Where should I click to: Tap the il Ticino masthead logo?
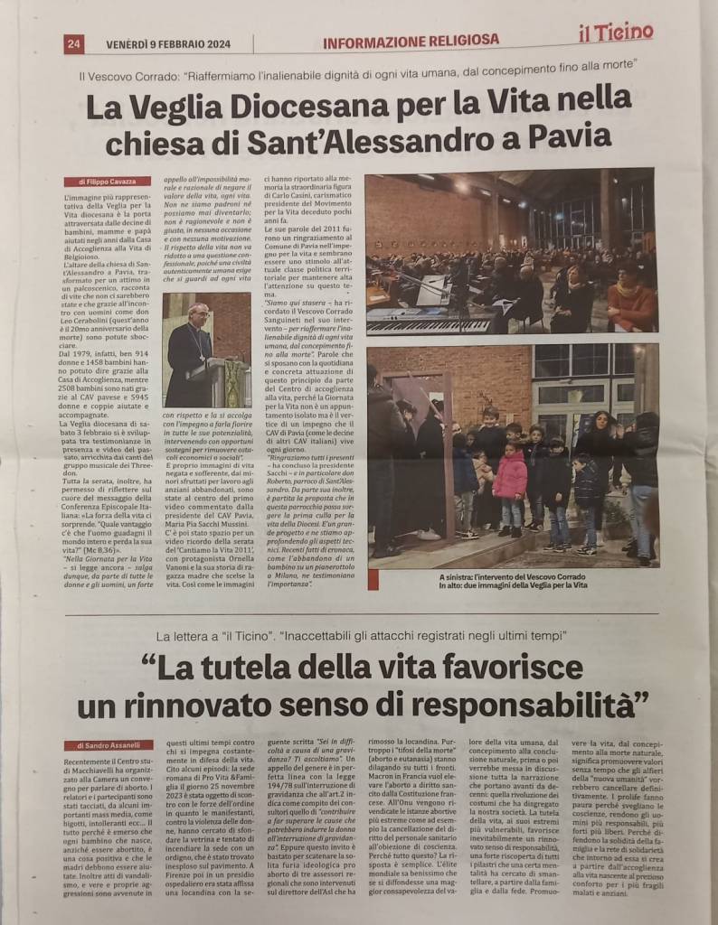tap(616, 33)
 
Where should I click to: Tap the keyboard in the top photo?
tap(433, 320)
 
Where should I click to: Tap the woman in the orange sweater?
tap(631, 301)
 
